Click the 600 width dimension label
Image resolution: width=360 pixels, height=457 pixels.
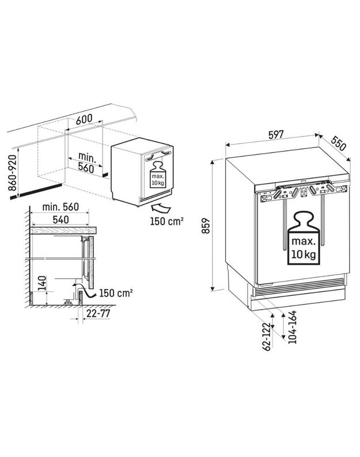(84, 119)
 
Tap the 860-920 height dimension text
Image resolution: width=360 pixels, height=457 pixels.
(13, 173)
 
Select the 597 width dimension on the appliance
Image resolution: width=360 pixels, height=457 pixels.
(276, 135)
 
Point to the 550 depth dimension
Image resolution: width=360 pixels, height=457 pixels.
(339, 143)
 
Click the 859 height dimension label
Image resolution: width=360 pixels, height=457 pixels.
(206, 225)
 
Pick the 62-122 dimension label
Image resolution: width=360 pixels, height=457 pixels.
(267, 337)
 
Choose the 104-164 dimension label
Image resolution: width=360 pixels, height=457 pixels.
(292, 327)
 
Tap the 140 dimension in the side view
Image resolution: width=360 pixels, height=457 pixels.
(42, 283)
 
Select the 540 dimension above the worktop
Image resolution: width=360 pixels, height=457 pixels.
(60, 220)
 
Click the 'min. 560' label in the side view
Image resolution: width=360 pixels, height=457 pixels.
(60, 207)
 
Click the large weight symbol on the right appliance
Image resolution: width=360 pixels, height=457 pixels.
(304, 238)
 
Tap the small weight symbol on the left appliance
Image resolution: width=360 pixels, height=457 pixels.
(158, 175)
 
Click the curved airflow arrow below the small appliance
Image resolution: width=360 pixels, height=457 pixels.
(161, 209)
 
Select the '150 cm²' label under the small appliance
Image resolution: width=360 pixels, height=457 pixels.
(166, 221)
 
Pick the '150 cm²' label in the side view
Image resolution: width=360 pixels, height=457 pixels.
(116, 293)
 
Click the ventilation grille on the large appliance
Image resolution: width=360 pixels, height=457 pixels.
(299, 287)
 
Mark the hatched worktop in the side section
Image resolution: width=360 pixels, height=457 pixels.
(63, 231)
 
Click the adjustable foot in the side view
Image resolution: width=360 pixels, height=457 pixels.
(69, 303)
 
